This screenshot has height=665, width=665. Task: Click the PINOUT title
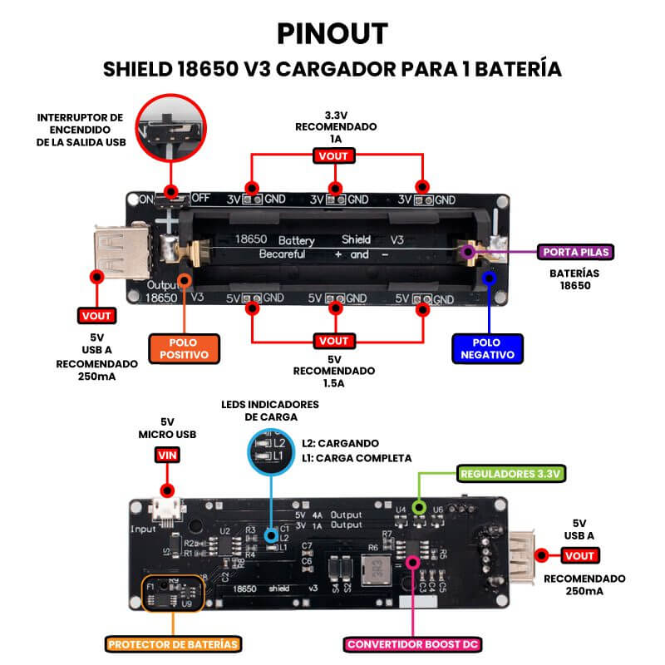click(332, 33)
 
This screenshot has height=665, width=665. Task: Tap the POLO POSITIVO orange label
click(183, 347)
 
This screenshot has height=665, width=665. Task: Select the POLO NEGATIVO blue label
click(488, 347)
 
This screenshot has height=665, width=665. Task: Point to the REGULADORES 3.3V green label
click(512, 474)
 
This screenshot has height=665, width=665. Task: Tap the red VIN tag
click(166, 455)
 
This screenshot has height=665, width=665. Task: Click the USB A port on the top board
click(123, 251)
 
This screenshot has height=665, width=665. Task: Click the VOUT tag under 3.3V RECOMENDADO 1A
click(333, 155)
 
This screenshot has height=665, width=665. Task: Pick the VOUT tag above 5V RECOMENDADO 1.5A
click(333, 341)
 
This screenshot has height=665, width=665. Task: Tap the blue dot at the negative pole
click(490, 278)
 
